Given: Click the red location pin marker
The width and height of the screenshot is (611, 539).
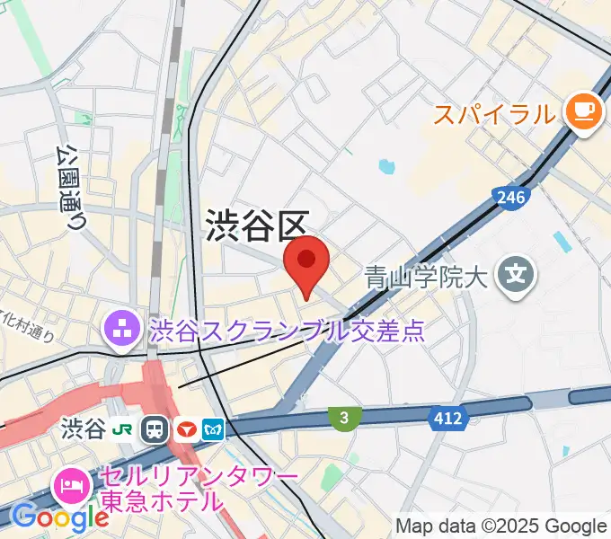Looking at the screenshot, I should (306, 263).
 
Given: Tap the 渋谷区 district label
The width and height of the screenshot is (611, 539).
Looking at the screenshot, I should (258, 225).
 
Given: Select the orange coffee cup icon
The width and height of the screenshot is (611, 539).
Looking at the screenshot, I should (582, 113).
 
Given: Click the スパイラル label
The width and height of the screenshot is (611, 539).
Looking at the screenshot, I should (494, 114).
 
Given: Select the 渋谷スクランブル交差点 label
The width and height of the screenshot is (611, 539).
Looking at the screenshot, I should (287, 331).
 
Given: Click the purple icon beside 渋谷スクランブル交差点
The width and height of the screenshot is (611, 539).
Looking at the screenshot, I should (120, 331).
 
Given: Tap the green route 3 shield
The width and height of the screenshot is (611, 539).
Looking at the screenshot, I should (344, 416).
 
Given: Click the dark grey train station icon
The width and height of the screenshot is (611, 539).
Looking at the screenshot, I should (156, 429).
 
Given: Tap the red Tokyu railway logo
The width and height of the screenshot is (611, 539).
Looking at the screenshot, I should (187, 429).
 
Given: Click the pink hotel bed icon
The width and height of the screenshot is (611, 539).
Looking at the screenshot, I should (71, 486).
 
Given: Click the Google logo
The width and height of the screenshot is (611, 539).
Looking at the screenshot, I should (60, 517).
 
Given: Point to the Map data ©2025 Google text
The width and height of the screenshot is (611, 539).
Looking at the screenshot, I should (501, 526).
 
